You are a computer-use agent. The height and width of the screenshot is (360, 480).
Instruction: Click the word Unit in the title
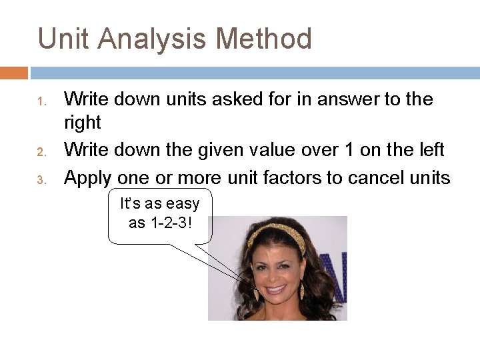point(63,39)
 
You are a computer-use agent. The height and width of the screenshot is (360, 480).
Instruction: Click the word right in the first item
point(82,123)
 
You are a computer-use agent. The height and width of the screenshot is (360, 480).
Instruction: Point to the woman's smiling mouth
point(275,290)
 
